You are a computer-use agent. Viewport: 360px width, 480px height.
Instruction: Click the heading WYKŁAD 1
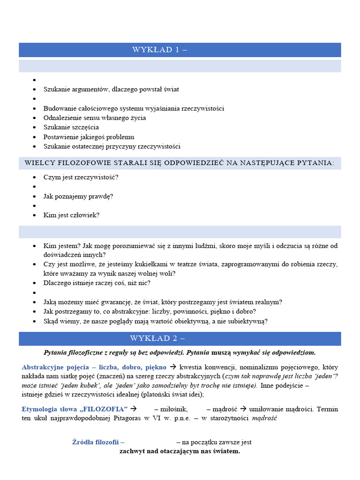159,50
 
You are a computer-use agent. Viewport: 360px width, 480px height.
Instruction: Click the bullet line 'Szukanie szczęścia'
71,127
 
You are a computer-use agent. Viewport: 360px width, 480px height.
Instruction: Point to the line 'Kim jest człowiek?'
71,215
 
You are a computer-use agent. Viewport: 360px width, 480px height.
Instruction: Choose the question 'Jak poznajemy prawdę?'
78,196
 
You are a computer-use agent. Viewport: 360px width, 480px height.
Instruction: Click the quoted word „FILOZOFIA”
106,409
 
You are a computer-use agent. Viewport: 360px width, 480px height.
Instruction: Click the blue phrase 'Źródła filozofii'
98,442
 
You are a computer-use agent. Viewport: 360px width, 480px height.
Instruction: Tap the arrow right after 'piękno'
173,367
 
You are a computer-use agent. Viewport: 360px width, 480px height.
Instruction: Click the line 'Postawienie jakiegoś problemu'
89,137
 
